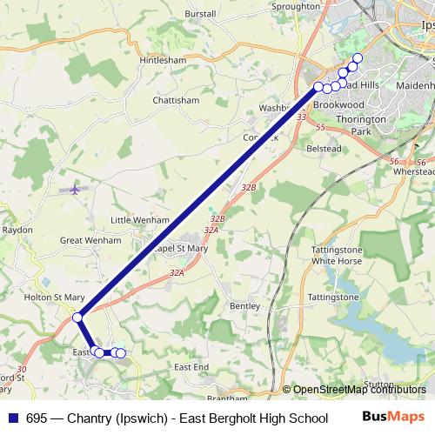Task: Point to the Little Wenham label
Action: [139, 220]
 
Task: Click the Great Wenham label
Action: [90, 239]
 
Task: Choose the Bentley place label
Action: [244, 306]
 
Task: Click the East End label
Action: [191, 368]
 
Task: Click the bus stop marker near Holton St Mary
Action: [77, 318]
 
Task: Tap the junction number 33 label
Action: [302, 117]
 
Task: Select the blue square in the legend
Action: [11, 418]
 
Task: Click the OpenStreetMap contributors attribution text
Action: [358, 390]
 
